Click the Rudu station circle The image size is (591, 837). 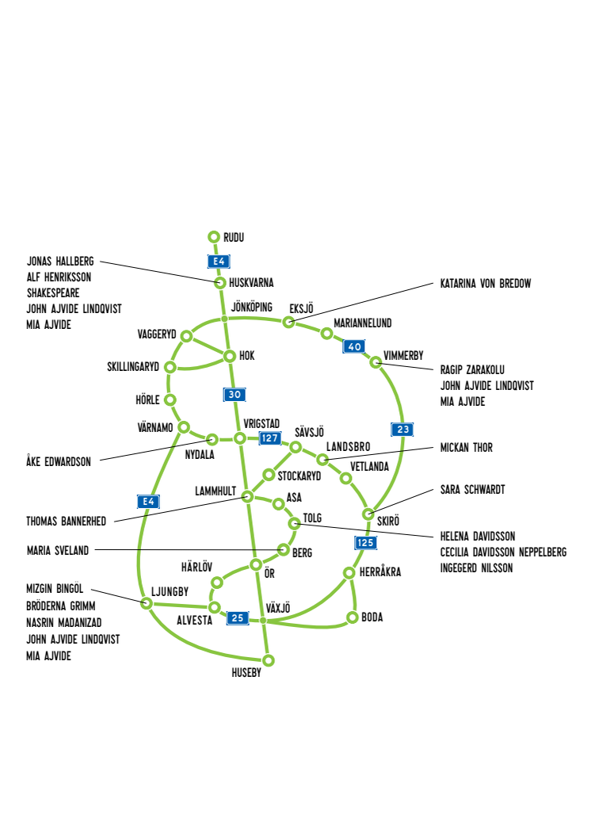pos(214,236)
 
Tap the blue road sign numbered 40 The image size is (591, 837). pos(354,346)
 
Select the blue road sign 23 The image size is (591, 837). pos(402,429)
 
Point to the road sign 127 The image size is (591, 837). pos(270,438)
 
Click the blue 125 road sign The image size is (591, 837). pos(365,543)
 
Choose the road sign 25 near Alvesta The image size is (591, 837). pos(238,618)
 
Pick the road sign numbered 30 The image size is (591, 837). pos(234,395)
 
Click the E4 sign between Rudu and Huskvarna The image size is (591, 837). pos(219,261)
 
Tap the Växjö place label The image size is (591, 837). pos(278,608)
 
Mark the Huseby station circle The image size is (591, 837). pos(269,660)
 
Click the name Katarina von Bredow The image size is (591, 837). pos(486,284)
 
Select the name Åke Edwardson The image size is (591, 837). pos(59,461)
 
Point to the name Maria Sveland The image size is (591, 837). pos(58,550)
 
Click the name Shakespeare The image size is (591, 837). pos(53,293)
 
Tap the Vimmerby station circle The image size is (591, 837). pos(376,362)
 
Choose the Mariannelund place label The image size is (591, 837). pos(363,323)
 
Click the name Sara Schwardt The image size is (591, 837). pos(473,490)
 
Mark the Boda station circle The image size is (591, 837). pos(352,617)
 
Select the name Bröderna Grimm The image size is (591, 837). pos(61,606)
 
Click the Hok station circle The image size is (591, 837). pos(230,356)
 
